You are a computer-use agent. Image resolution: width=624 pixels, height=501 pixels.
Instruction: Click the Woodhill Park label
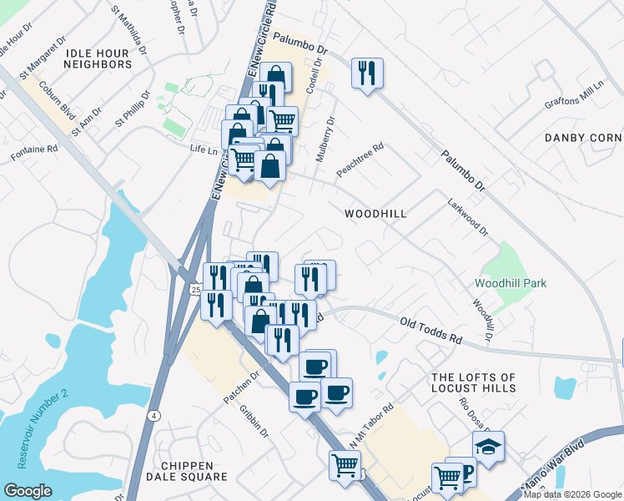pos(511,283)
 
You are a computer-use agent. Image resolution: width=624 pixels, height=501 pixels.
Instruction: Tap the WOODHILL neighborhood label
pos(375,214)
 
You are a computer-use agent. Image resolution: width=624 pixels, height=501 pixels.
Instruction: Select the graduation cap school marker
pos(488,446)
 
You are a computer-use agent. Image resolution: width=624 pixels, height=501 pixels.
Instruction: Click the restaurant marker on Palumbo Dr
pos(367,73)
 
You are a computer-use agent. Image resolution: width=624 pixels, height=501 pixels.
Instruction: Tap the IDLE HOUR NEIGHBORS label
pos(97,58)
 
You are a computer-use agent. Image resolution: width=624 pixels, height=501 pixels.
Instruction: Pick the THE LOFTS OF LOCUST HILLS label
pos(474,383)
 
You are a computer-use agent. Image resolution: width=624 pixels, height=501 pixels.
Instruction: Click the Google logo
pos(28,491)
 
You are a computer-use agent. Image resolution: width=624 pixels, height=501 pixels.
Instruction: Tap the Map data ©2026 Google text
pos(572,494)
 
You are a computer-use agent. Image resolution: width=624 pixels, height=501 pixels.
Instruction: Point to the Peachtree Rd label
pos(360,159)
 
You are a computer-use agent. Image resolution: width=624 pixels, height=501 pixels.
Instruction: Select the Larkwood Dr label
pos(467,217)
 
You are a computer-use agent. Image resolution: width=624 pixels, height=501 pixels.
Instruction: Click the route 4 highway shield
pos(154,415)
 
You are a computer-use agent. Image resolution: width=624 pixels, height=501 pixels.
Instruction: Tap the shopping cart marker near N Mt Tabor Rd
pos(345,465)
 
